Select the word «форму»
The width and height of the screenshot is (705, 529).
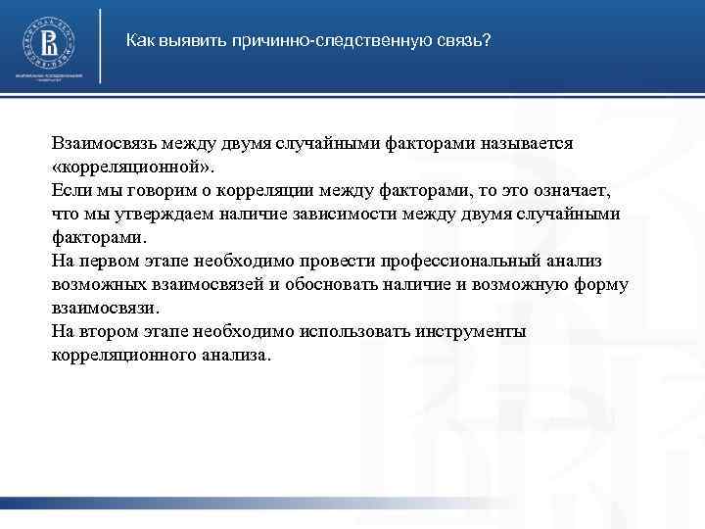[603, 284]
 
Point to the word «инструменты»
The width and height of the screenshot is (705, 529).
[461, 331]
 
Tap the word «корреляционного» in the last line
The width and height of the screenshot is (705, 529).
[118, 355]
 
